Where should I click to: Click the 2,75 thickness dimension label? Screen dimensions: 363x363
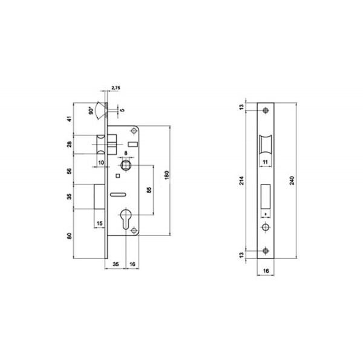(x=116, y=88)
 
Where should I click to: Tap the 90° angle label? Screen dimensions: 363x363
(x=91, y=111)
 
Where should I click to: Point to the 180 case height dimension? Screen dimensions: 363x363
(x=167, y=175)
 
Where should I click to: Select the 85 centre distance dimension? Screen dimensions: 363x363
(x=149, y=190)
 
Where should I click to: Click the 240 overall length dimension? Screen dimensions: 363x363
(x=292, y=180)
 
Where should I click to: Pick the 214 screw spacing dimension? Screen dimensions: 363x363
(x=241, y=180)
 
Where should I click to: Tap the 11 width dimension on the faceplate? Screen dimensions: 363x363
(x=266, y=162)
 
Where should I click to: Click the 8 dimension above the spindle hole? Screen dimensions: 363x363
(x=126, y=153)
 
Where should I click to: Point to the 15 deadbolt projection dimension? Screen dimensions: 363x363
(x=100, y=223)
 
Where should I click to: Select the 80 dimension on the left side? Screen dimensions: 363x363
(x=70, y=236)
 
